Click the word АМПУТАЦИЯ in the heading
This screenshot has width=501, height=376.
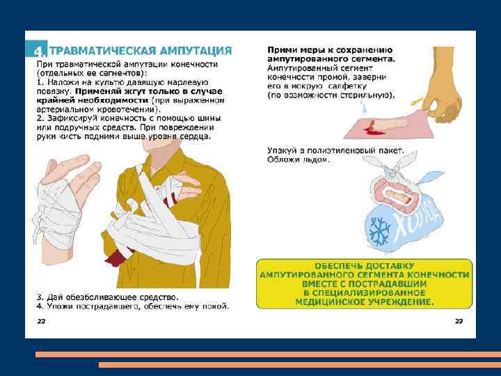point(196,51)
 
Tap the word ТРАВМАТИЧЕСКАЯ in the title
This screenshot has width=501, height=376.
point(102,51)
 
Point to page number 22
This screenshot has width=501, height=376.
point(41,321)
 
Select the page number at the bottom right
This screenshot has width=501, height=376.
point(459,321)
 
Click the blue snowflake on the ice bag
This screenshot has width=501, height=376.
point(380,231)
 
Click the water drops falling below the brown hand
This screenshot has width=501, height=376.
point(363,107)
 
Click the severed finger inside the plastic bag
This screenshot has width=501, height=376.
point(399,196)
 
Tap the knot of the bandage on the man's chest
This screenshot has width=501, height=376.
point(125,214)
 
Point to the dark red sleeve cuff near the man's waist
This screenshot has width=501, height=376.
point(116,258)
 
